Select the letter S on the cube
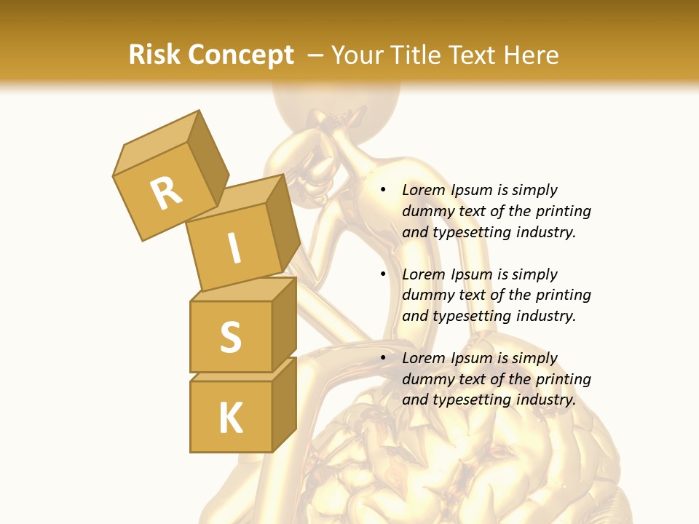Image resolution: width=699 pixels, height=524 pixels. pos(230,336)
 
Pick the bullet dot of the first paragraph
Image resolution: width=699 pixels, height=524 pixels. pos(383,191)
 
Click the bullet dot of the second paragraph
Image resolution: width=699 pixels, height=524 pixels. pos(383,275)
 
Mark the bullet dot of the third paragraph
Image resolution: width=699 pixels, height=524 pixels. pos(383,359)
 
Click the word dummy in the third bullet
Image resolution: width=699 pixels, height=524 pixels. pos(426,379)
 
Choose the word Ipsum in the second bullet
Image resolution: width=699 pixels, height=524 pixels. pos(473,274)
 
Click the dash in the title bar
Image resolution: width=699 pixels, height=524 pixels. pos(316,56)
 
